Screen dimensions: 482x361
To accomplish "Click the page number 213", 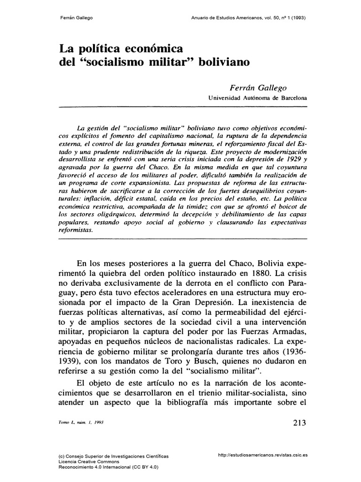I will point(298,422).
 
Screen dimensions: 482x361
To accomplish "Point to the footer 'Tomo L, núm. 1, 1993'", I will point(80,423).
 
